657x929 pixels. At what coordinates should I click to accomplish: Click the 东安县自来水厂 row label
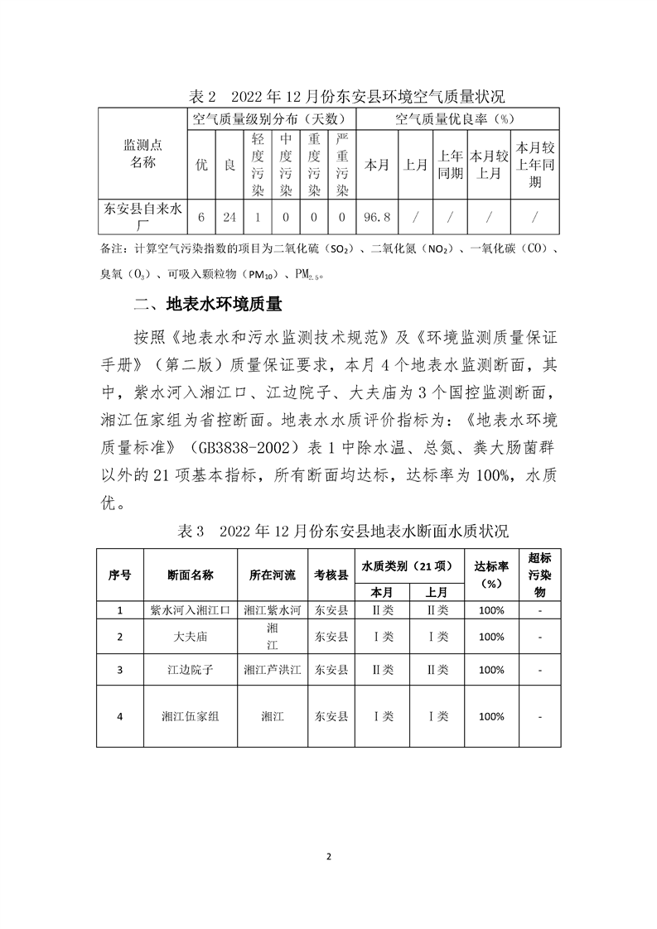click(143, 218)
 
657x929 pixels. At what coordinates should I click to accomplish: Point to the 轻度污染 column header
click(258, 164)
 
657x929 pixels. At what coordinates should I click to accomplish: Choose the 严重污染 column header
click(341, 164)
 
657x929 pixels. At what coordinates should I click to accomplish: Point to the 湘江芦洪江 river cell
click(272, 669)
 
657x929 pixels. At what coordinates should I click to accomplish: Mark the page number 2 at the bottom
click(329, 855)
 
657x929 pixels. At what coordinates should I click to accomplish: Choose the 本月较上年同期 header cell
click(535, 164)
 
